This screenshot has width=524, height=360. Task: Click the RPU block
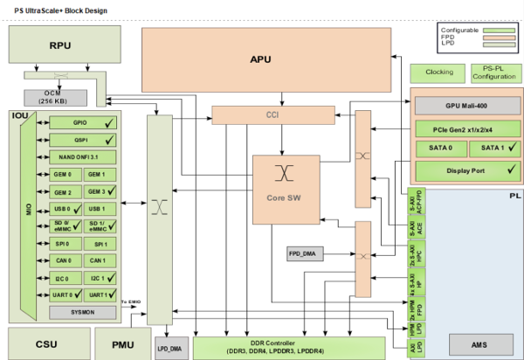click(60, 45)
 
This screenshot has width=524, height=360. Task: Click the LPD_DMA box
click(171, 347)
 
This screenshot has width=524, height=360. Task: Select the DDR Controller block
click(288, 347)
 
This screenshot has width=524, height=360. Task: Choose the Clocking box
click(438, 72)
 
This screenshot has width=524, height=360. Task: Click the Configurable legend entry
click(473, 31)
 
